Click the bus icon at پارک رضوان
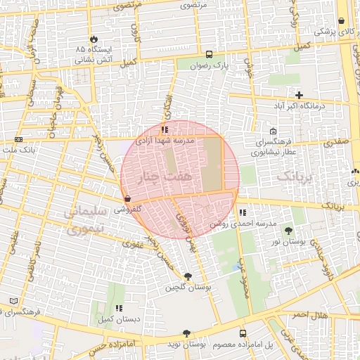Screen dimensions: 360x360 point(209,54)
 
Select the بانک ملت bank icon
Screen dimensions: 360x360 point(18,139)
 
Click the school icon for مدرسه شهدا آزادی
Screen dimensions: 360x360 point(165,130)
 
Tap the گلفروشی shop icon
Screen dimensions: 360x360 point(127,199)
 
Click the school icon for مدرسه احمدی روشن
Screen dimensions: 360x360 point(242,212)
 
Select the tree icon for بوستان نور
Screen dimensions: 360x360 point(288,231)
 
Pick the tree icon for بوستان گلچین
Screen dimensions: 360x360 point(187,276)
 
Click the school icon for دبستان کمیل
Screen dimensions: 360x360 point(119,308)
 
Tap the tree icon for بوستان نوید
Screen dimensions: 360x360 point(186,333)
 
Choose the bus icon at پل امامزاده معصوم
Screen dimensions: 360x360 point(243,333)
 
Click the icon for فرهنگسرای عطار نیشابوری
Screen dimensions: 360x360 point(273,131)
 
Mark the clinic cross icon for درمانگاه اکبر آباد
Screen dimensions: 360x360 point(300,95)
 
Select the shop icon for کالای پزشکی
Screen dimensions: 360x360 point(341,21)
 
